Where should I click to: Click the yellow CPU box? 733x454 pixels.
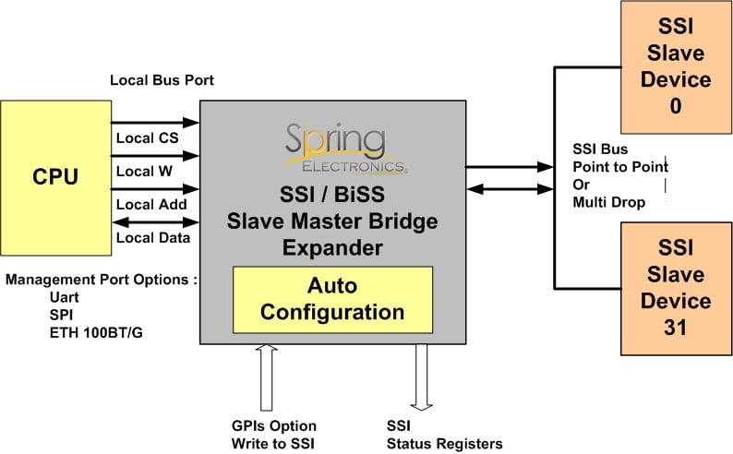[56, 178]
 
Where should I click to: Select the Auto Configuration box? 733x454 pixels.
[333, 300]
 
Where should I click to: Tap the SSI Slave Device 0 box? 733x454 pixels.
[676, 67]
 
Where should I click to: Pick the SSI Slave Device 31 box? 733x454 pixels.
[676, 289]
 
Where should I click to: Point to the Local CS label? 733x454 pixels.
[148, 138]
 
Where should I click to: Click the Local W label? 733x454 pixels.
[144, 172]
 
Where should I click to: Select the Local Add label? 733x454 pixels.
[151, 205]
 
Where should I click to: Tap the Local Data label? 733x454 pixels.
[153, 238]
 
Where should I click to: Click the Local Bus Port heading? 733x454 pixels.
[162, 80]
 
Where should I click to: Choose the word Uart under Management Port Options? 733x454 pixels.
[64, 297]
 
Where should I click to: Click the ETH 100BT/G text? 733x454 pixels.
[96, 332]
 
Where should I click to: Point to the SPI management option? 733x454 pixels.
[61, 315]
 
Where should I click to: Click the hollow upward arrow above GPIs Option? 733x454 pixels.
[267, 377]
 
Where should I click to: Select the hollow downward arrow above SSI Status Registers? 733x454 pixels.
[421, 377]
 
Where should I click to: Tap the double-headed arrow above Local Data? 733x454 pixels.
[156, 222]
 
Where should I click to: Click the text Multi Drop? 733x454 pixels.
[609, 202]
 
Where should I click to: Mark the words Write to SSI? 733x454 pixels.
[273, 443]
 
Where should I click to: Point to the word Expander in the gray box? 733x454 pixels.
[333, 247]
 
